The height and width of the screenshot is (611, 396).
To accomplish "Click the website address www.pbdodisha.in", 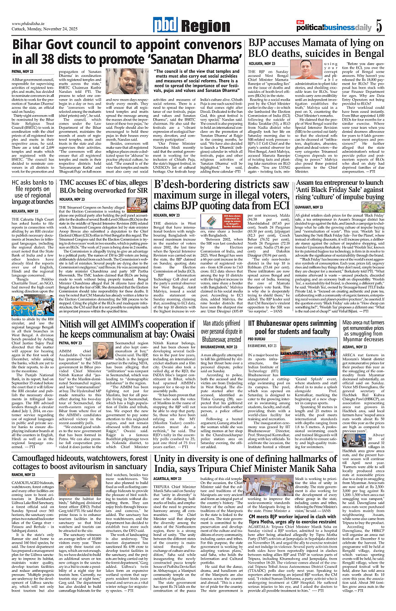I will point(31,24).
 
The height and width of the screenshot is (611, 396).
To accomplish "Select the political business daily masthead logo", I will point(334,27).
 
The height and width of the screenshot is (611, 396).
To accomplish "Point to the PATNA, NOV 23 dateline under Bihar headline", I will point(23,72).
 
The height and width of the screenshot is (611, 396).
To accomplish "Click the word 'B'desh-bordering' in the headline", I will point(191,185).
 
